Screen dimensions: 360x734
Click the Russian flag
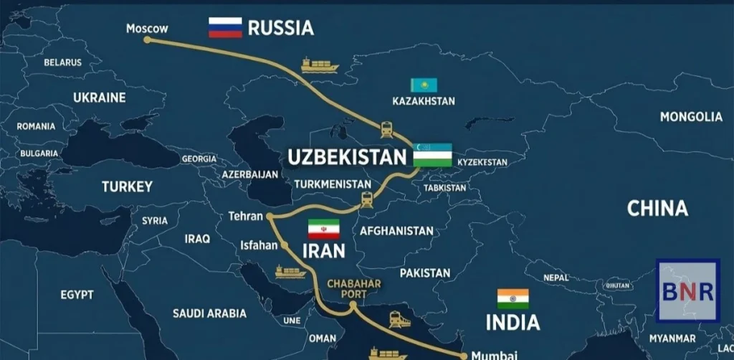[x=226, y=28]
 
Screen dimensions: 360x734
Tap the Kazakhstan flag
[x=424, y=85]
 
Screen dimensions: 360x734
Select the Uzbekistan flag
[x=432, y=155]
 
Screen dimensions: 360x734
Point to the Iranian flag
[x=323, y=229]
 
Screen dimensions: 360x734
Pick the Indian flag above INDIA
[x=513, y=298]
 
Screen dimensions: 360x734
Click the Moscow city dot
[x=148, y=40]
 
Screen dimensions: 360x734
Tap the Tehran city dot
[x=267, y=216]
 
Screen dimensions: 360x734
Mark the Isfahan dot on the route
[x=285, y=245]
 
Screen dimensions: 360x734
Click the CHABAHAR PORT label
[x=353, y=288]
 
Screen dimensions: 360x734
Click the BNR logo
[x=687, y=290]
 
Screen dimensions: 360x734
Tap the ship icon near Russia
[x=320, y=65]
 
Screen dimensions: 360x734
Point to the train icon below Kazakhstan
[x=387, y=129]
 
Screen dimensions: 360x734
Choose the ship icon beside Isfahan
[x=290, y=273]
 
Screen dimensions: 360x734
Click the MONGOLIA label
[x=691, y=117]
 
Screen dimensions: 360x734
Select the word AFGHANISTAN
[x=396, y=231]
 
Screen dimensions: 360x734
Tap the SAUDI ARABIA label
[x=209, y=313]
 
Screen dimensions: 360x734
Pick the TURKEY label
[x=127, y=186]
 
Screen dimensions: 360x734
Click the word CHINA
[x=657, y=209]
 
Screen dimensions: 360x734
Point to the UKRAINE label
[x=99, y=98]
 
